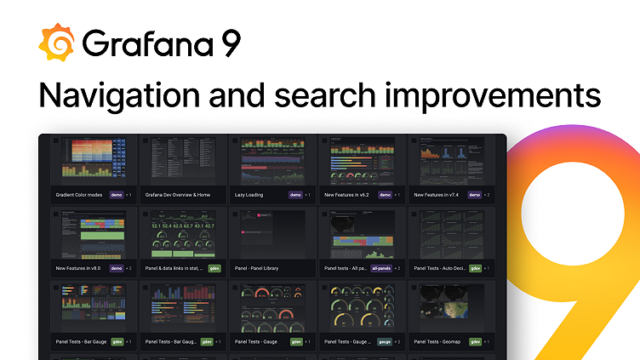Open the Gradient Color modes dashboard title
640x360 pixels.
(x=79, y=195)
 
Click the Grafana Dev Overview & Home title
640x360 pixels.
(x=178, y=195)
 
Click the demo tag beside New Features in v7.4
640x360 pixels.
(x=475, y=195)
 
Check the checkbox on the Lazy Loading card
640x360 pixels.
(x=236, y=142)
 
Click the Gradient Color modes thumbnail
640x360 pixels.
(x=92, y=158)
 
